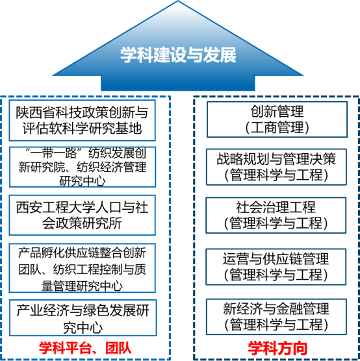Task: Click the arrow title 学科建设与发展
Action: click(x=178, y=55)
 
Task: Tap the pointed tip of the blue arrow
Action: click(x=178, y=1)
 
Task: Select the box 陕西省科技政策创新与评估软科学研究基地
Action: click(x=83, y=120)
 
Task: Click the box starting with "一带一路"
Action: click(x=83, y=167)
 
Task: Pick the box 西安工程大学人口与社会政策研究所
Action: click(x=83, y=216)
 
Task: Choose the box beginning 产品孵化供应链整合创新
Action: click(x=83, y=268)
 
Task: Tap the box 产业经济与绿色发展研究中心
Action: click(x=83, y=317)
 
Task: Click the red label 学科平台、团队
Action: click(x=85, y=348)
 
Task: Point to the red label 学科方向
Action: click(x=277, y=349)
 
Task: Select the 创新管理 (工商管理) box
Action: click(x=277, y=119)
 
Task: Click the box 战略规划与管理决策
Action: click(x=276, y=167)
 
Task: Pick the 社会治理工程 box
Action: click(x=276, y=216)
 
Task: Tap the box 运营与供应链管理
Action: click(x=276, y=267)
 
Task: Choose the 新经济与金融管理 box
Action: click(x=276, y=317)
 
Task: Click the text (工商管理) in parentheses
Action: click(x=277, y=127)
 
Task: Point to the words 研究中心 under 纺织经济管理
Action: click(x=83, y=181)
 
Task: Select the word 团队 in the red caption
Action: click(x=118, y=348)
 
